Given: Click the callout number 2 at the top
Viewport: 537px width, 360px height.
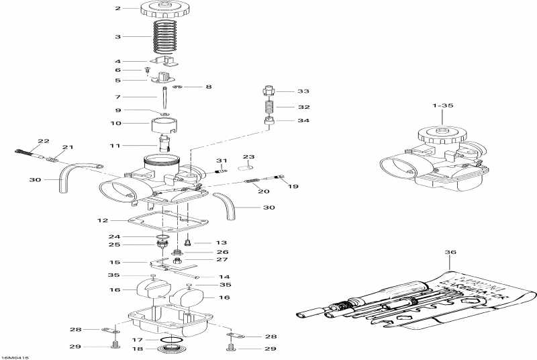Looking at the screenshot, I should click(x=117, y=9).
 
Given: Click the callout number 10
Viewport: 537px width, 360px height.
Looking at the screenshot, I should click(x=115, y=123).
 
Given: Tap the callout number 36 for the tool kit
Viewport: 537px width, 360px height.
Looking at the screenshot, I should click(x=450, y=253).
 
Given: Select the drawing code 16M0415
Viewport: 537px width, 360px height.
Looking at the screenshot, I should click(x=14, y=357).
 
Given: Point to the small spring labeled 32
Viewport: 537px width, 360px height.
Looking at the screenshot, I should click(x=268, y=107).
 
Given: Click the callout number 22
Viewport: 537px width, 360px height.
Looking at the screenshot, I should click(x=44, y=141).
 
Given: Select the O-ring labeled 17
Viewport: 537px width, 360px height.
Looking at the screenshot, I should click(x=172, y=339).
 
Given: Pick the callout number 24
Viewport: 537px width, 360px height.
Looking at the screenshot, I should click(x=114, y=236).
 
